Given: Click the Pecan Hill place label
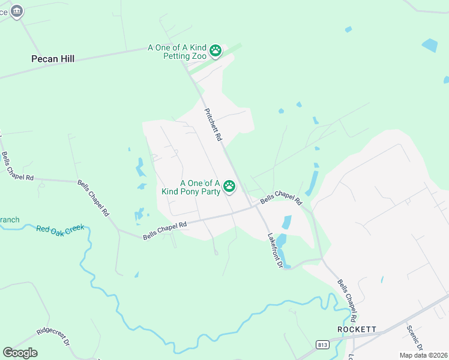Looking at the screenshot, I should coord(53,59).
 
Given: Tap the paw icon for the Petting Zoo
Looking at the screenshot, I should coord(216,51).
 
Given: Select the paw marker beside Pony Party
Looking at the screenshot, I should coord(229,187).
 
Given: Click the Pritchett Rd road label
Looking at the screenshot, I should coord(214,125).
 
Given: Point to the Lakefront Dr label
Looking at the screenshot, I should coord(275,250).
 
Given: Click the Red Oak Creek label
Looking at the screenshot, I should coord(60,229).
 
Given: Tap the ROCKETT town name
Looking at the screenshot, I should coord(357,330).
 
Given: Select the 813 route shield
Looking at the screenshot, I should coord(322,344).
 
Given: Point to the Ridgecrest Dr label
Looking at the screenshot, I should coord(53,338).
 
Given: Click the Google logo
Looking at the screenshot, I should coord(20,353).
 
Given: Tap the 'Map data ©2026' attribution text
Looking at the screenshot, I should coord(423,355).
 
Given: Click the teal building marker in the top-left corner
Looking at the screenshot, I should coord(17,10).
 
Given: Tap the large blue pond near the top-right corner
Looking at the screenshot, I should coord(430,45).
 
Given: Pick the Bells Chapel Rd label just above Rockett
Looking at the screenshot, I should coord(348,299).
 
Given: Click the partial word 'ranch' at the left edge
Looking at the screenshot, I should coord(9,220).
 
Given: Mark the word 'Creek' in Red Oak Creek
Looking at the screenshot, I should coord(73,229).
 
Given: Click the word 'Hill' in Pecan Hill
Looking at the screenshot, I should coord(65,59).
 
